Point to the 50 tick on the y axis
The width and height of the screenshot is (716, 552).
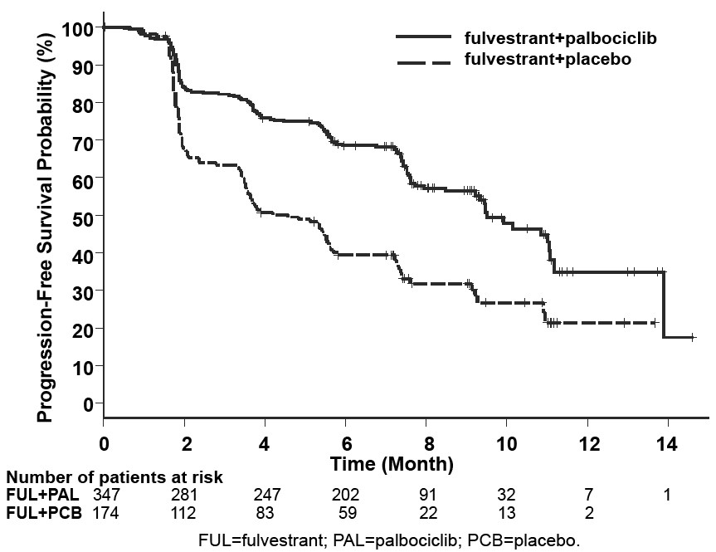pyautogui.click(x=83, y=216)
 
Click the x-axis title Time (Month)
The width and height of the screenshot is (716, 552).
pyautogui.click(x=392, y=462)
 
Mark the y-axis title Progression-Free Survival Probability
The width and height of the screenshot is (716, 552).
pyautogui.click(x=46, y=223)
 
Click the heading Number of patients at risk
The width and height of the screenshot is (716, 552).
pyautogui.click(x=114, y=478)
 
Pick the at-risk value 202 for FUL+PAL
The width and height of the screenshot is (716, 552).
pyautogui.click(x=345, y=496)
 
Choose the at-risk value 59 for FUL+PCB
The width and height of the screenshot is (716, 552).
pyautogui.click(x=345, y=513)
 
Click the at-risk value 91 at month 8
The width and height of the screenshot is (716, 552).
pyautogui.click(x=426, y=496)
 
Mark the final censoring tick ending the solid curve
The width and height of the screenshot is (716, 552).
pyautogui.click(x=693, y=337)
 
